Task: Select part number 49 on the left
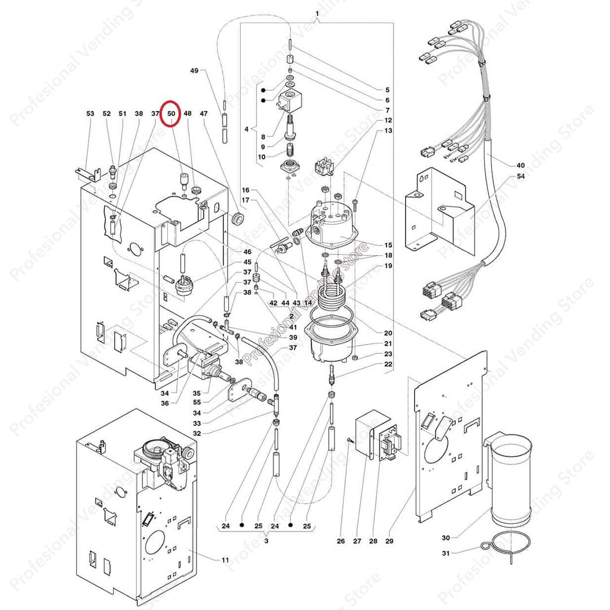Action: coord(194,71)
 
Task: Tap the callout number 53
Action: coord(90,114)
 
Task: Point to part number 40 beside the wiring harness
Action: coord(520,165)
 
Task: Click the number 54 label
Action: coord(520,177)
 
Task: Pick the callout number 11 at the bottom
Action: coord(225,560)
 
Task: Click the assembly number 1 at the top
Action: coord(317,13)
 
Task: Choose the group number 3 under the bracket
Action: coord(266,541)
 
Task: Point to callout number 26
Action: coord(341,541)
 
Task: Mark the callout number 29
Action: coord(389,541)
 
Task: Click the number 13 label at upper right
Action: coord(388,130)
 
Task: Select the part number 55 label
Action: coord(197,403)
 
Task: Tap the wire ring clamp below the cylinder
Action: coord(508,546)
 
